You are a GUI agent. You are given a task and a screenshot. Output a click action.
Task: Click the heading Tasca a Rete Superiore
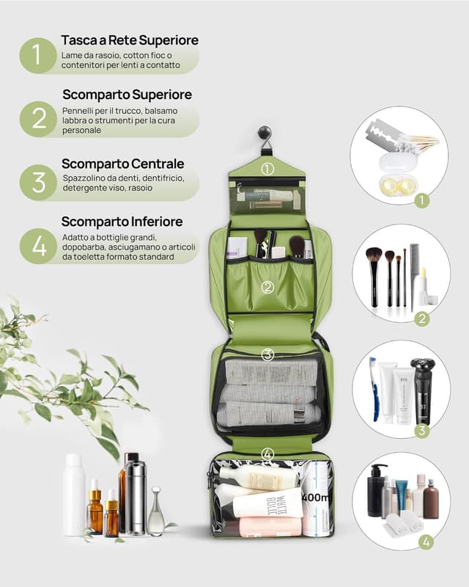[x=130, y=40]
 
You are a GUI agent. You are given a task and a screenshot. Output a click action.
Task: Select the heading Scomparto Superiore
[x=127, y=95]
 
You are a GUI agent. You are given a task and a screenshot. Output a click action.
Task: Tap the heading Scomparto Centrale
[x=122, y=164]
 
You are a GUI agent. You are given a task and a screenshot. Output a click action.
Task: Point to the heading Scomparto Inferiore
[x=122, y=222]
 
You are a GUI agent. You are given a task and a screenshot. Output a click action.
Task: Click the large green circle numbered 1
[x=37, y=56]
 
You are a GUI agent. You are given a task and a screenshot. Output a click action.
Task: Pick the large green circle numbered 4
[x=37, y=246]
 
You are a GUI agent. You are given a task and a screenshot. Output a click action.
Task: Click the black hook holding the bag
[x=264, y=136]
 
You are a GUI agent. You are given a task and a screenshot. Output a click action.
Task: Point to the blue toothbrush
[x=374, y=389]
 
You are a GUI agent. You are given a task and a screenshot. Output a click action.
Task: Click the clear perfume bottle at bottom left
[x=156, y=514]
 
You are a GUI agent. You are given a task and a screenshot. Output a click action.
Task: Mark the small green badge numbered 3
[x=421, y=431]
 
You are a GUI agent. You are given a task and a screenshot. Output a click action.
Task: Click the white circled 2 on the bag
[x=267, y=287]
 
